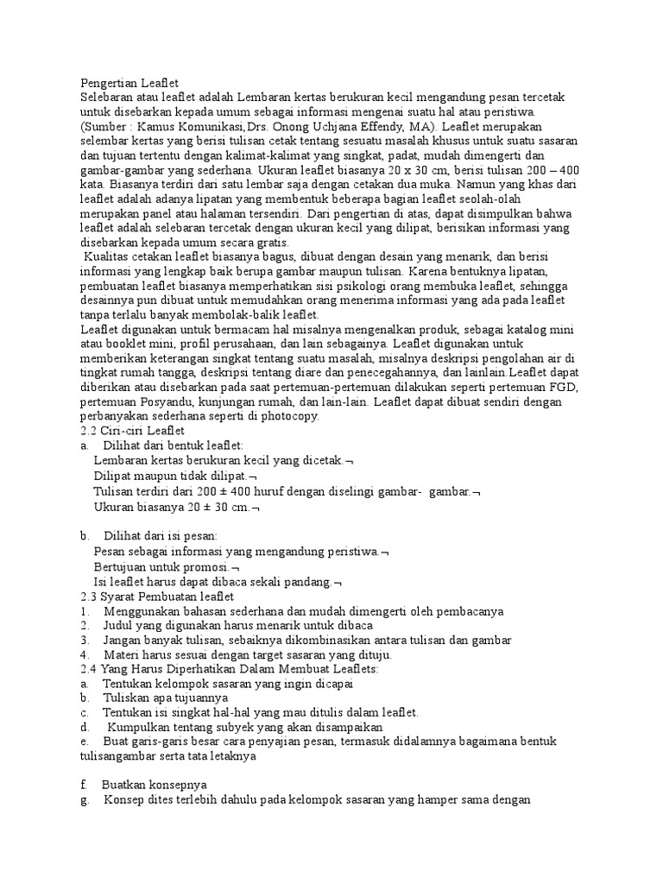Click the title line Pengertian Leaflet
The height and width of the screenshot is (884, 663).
[x=129, y=83]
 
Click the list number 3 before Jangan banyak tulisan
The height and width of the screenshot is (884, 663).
[x=84, y=641]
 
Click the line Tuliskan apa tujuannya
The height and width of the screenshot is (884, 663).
[x=165, y=698]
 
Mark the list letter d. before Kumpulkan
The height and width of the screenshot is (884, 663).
[x=84, y=727]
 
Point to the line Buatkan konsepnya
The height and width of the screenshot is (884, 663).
[x=154, y=785]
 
